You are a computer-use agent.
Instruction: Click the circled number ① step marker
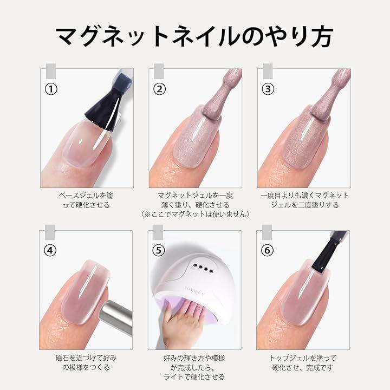(x=51, y=89)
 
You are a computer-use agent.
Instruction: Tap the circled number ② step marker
(x=159, y=89)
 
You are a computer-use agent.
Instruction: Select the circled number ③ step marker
(x=268, y=89)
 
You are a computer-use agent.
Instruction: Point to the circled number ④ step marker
(x=50, y=250)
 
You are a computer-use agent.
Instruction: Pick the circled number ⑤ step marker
(x=159, y=250)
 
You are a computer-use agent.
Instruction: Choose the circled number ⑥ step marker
(x=268, y=250)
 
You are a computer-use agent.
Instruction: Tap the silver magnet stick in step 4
(x=116, y=315)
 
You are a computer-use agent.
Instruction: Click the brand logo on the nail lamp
(x=195, y=291)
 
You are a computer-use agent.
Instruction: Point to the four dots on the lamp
(x=202, y=268)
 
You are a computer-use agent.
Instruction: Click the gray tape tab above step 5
(x=158, y=232)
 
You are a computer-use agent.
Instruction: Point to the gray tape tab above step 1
(x=51, y=71)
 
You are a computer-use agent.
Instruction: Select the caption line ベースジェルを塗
(x=86, y=196)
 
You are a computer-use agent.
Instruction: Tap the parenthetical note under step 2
(x=195, y=214)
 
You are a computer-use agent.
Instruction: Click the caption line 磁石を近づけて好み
(x=86, y=358)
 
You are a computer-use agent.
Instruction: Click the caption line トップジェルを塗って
(x=303, y=358)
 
